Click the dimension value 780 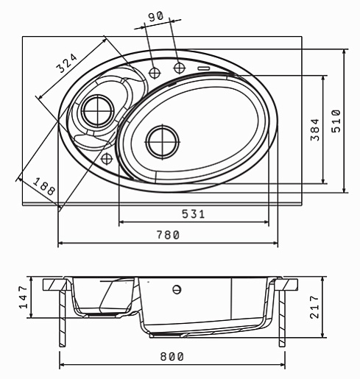[x=168, y=235]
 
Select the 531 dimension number [x=193, y=214]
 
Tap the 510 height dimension [x=336, y=121]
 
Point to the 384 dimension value [x=315, y=130]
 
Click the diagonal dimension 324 [x=67, y=63]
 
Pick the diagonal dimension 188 [x=44, y=186]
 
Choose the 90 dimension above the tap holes [x=155, y=17]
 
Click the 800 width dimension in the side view [x=172, y=356]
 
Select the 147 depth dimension [x=24, y=297]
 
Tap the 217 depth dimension [x=314, y=307]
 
